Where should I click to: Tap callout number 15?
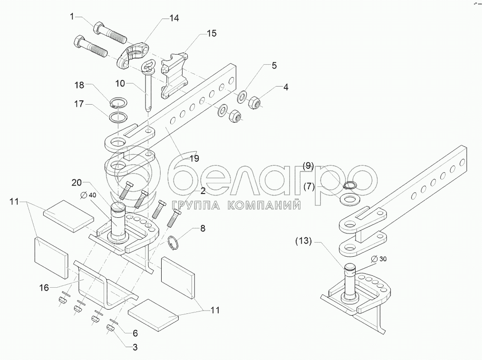click(x=211, y=33)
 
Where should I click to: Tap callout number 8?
click(x=202, y=229)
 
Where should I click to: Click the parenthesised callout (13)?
click(x=302, y=241)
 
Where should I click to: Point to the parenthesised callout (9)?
click(x=309, y=166)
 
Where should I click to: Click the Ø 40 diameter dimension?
click(x=88, y=195)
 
